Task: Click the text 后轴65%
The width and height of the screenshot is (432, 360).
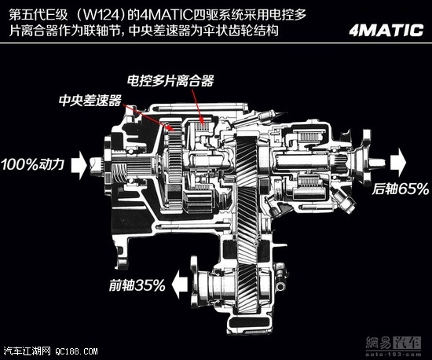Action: tap(401, 189)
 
